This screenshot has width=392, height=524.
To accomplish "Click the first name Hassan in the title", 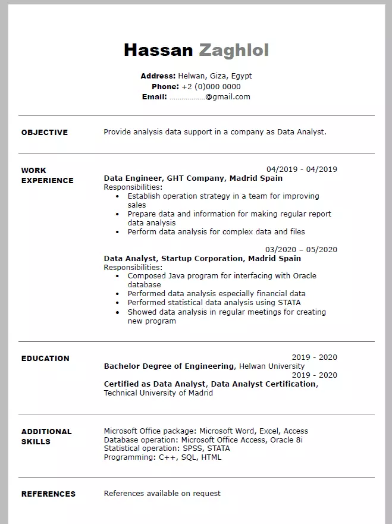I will (x=158, y=51).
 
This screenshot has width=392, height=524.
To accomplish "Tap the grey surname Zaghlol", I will (x=234, y=51).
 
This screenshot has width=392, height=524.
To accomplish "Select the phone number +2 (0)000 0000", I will (x=211, y=87).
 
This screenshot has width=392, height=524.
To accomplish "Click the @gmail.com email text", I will (x=228, y=97).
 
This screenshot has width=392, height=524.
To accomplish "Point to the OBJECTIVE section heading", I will (x=45, y=133).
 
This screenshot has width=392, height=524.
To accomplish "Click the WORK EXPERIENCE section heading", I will (x=47, y=175).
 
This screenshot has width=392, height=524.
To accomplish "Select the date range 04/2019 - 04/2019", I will (x=302, y=169).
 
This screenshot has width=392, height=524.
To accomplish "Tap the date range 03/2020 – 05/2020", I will (x=301, y=250).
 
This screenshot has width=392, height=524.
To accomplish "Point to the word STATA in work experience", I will (x=288, y=303).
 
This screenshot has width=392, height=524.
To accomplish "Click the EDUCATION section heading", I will (x=45, y=359).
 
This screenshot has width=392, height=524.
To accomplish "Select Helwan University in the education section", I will (x=272, y=366).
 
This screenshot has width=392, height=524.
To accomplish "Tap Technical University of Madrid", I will (x=158, y=393).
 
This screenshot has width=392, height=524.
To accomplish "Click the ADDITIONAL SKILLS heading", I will (x=46, y=437).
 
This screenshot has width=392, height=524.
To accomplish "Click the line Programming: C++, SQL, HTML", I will (x=162, y=457).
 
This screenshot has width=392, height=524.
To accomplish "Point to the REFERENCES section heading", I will (x=48, y=494).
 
